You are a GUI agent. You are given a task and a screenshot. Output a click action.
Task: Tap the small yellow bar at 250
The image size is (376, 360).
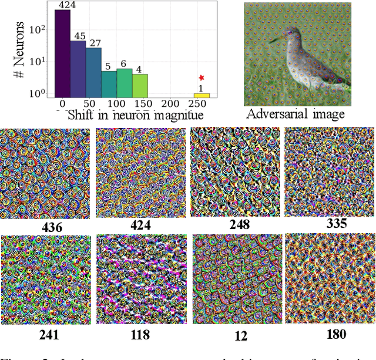pyautogui.click(x=202, y=95)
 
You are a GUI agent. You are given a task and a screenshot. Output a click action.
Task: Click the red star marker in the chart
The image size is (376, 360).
pyautogui.click(x=202, y=78)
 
